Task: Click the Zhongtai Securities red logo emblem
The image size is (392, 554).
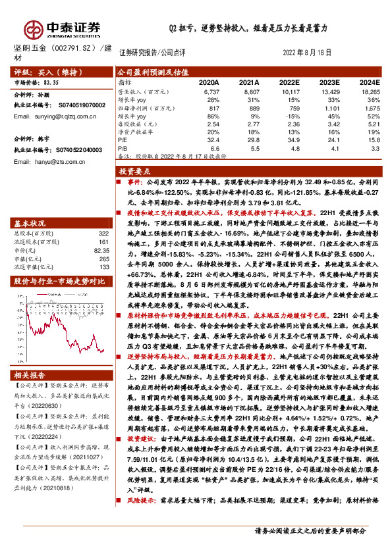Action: (x=33, y=28)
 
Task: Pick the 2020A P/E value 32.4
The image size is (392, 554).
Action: (x=213, y=139)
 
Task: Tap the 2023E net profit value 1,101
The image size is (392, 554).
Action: (x=330, y=108)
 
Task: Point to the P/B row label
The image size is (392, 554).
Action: (x=124, y=147)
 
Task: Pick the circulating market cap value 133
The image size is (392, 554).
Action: (x=103, y=267)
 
